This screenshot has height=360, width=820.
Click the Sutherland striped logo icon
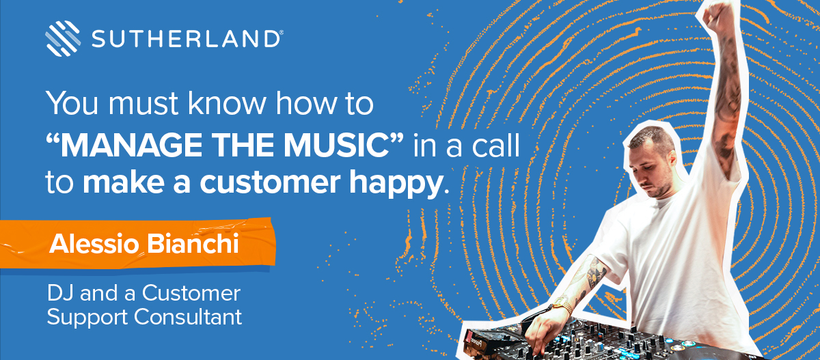point(63,38)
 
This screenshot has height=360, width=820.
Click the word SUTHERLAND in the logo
point(186,39)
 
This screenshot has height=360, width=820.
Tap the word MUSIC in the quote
point(337,146)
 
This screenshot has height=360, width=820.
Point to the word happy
point(396,184)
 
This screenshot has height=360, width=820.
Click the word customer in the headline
point(270,183)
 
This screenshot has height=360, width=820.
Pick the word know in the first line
point(227,103)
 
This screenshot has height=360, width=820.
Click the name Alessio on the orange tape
point(94,244)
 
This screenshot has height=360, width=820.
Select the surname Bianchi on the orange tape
point(193,243)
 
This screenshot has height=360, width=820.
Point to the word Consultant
point(188,317)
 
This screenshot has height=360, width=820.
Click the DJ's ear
point(671,158)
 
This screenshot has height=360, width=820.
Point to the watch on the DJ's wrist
point(562,305)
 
